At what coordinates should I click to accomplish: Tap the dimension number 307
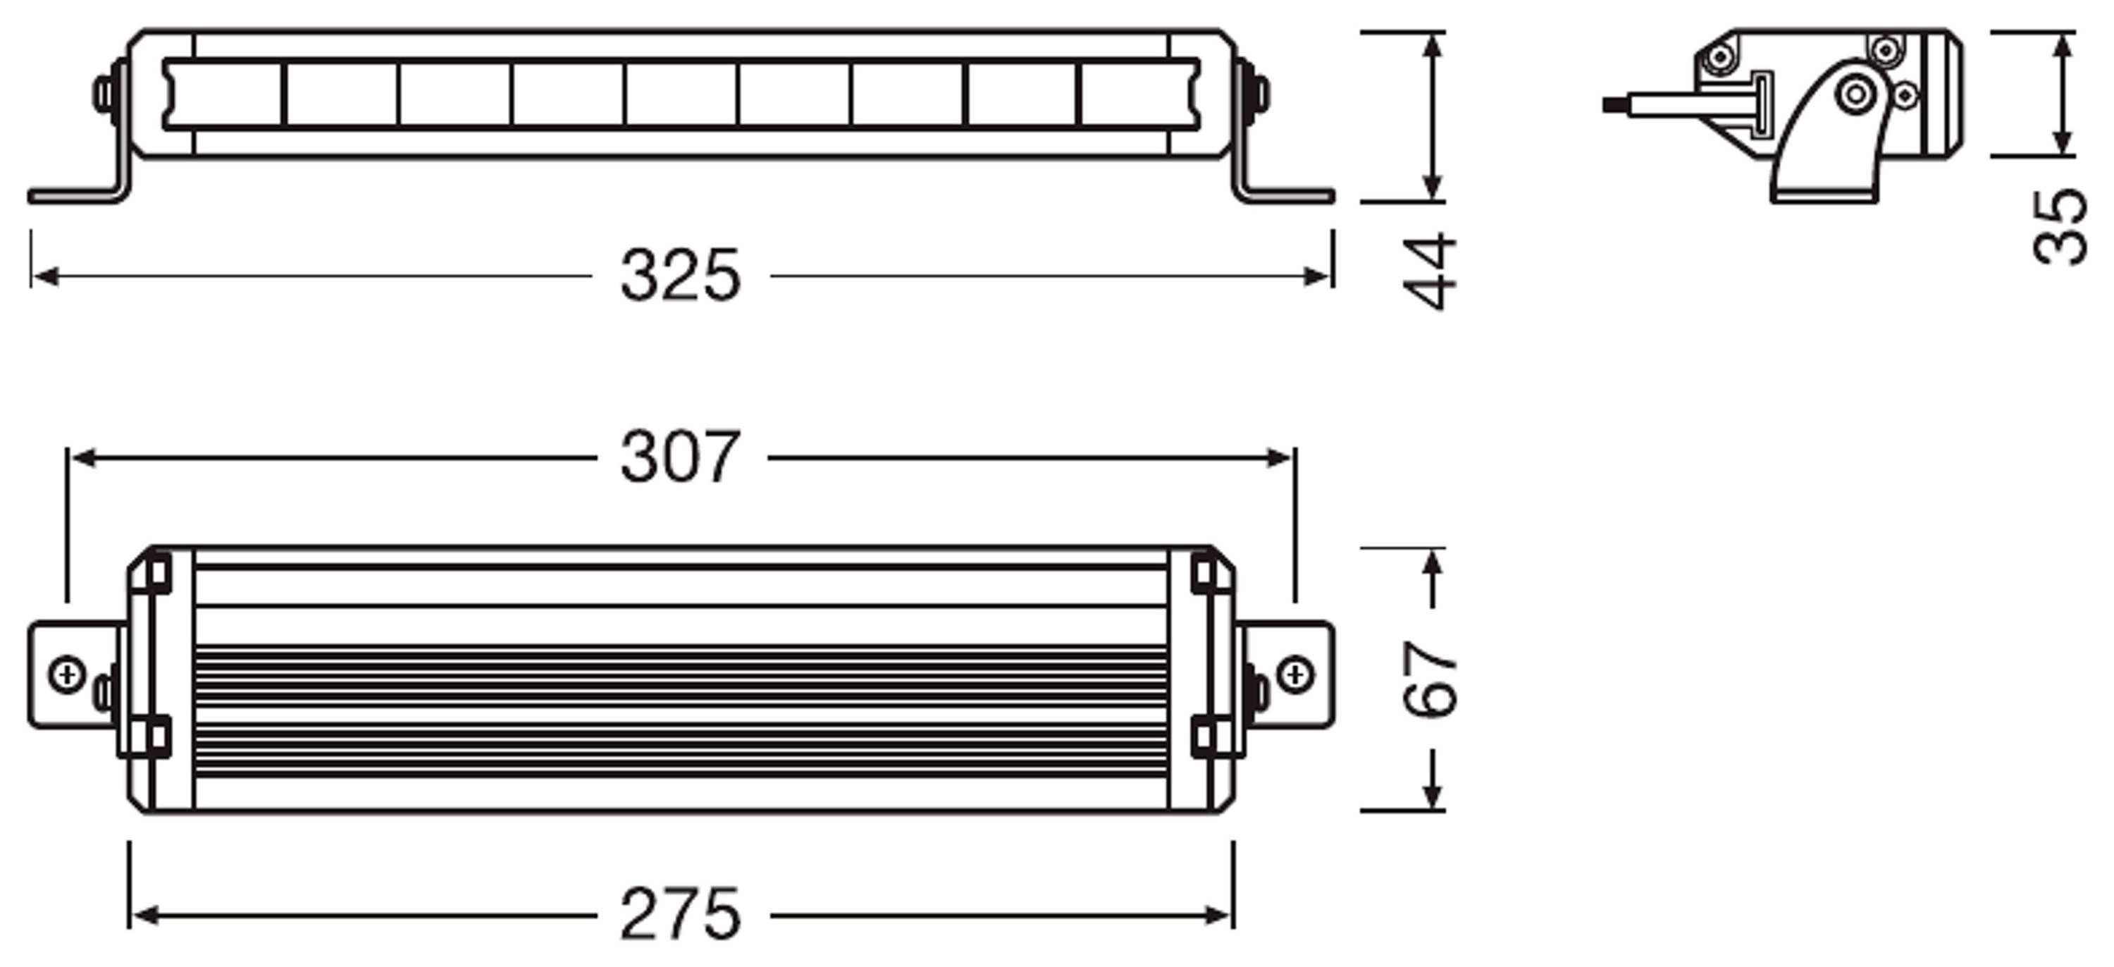coord(680,457)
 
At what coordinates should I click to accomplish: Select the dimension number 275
coord(680,914)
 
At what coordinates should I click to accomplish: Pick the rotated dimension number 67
coord(1429,679)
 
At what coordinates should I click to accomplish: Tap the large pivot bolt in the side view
coord(1855,94)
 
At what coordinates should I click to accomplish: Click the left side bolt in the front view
coord(104,94)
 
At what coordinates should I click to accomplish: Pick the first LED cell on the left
coord(223,94)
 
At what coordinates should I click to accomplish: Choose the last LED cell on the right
coord(1138,94)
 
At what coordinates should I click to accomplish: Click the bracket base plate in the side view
coord(1824,197)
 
